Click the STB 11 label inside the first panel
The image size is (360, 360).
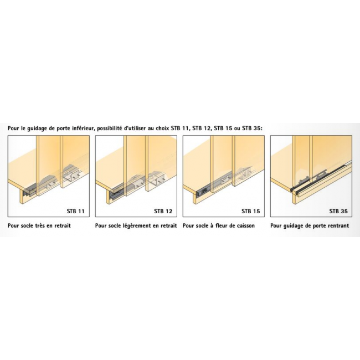point(75,211)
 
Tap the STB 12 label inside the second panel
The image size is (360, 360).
point(163,211)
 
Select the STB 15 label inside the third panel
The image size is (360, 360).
point(250,211)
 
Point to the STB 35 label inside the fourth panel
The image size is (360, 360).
point(338,211)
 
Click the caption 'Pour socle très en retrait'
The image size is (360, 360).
point(39,225)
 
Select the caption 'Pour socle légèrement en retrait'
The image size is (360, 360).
point(136,225)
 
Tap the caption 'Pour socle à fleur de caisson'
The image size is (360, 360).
point(219,225)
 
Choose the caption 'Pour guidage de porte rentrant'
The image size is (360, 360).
point(310,225)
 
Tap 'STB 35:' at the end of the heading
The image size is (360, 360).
point(252,128)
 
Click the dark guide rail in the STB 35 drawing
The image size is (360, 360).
point(321,176)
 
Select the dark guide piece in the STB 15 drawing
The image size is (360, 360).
point(202,191)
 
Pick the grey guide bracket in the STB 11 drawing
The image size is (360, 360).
point(29,191)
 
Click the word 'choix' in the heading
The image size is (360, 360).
point(163,128)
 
